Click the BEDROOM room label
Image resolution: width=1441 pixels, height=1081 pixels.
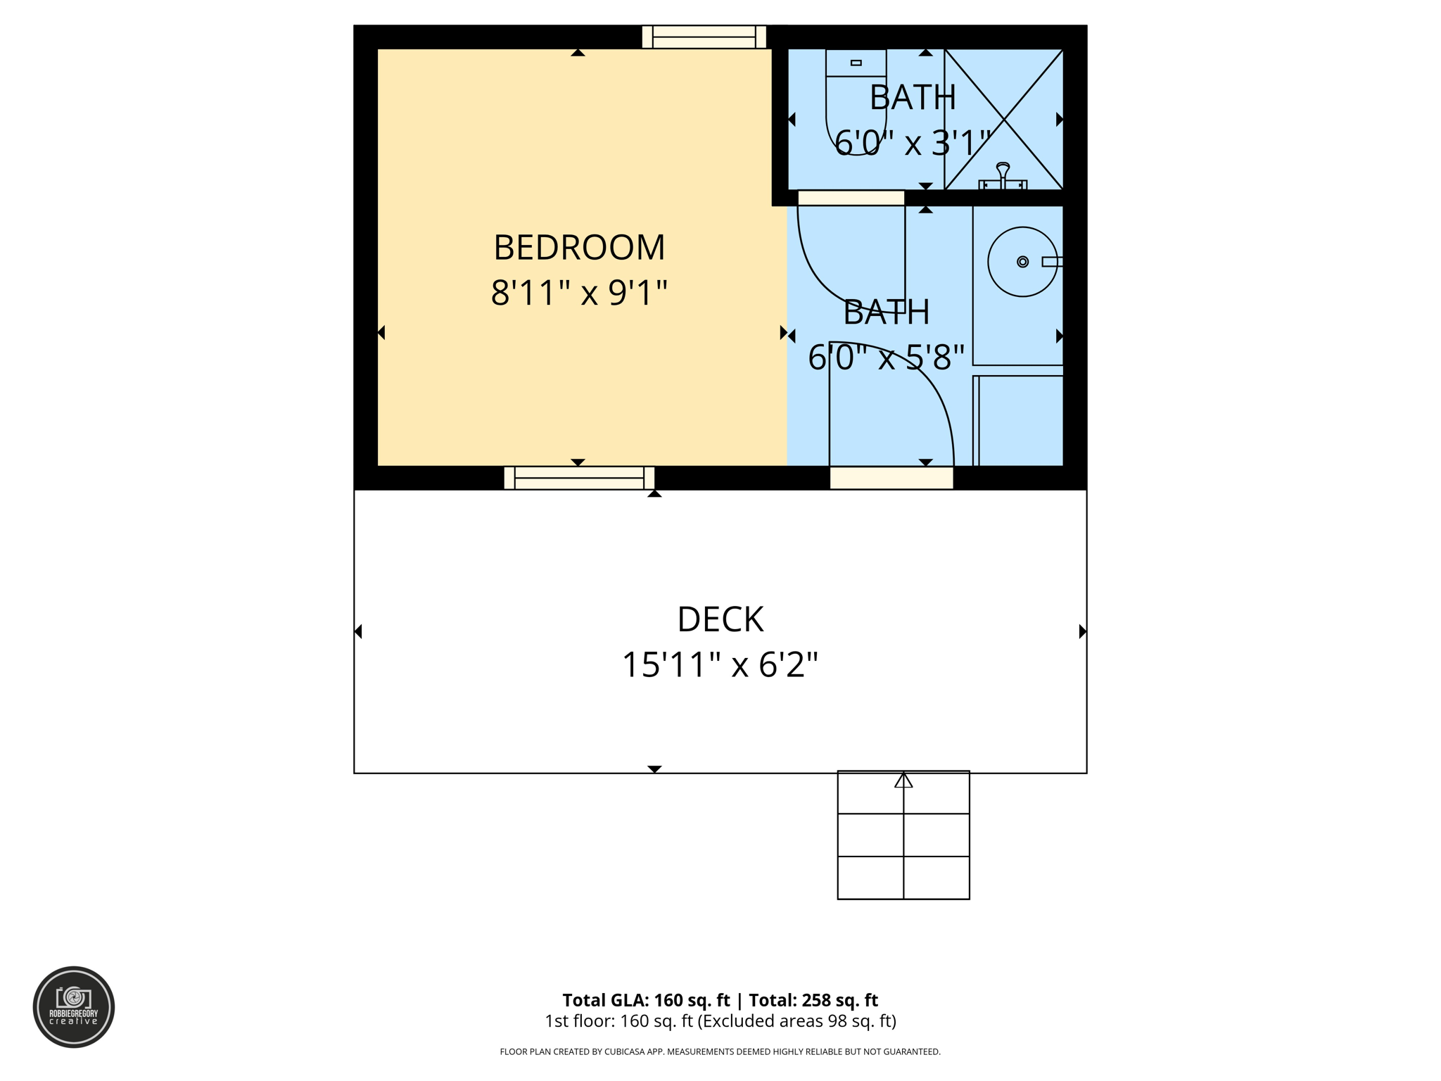[x=578, y=248]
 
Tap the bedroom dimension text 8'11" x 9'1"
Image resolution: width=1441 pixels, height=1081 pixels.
[x=578, y=293]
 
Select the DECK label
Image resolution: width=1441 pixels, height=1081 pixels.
[x=720, y=619]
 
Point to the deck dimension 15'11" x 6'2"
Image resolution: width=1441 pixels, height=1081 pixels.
[x=720, y=664]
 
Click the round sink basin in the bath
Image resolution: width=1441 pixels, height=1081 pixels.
[x=1022, y=262]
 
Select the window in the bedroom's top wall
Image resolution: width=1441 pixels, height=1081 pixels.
[x=704, y=37]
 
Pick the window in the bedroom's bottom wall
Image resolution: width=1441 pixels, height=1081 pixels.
[x=579, y=478]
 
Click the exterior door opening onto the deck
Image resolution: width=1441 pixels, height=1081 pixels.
[x=891, y=478]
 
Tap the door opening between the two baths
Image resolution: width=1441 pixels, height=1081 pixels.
[x=851, y=198]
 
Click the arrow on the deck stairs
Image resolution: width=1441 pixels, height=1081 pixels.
[x=903, y=780]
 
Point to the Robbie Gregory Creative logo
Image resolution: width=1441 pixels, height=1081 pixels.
[x=74, y=1006]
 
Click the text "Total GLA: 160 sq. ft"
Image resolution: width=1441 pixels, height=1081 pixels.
[x=645, y=1000]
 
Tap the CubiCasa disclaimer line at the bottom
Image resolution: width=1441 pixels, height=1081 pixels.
[x=720, y=1051]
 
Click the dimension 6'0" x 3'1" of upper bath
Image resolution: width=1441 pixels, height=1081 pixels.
[x=913, y=143]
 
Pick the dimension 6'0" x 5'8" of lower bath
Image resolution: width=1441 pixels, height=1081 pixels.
[x=886, y=358]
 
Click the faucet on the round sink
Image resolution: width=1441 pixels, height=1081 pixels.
[x=1051, y=262]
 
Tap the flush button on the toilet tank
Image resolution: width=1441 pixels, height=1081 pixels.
[x=856, y=63]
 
